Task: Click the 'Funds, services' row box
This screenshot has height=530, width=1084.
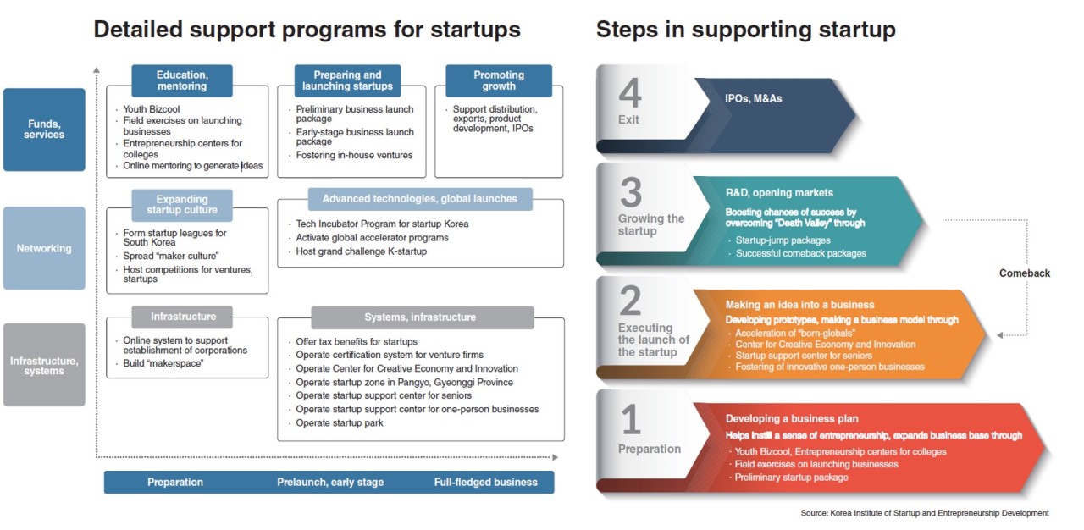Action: [44, 130]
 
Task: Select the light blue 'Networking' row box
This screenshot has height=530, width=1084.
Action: [44, 248]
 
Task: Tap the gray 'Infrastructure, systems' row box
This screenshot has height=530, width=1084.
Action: [44, 365]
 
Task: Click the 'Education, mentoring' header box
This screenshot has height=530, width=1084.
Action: [182, 80]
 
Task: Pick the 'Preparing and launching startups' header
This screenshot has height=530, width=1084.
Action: [347, 80]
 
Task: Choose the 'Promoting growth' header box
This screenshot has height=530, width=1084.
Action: [499, 80]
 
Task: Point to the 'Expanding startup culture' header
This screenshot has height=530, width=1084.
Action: [182, 205]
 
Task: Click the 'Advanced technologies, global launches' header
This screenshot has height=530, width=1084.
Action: [420, 199]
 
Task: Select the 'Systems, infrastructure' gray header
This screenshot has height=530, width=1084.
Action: [423, 317]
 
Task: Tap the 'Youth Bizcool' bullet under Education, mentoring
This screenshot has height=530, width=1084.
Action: [151, 109]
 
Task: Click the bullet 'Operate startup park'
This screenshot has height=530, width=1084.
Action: [340, 423]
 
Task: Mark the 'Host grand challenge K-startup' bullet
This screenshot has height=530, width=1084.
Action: [361, 251]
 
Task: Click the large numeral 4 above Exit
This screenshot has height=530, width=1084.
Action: [630, 92]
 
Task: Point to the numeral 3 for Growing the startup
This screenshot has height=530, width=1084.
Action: [631, 192]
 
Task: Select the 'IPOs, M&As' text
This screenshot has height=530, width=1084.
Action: [753, 99]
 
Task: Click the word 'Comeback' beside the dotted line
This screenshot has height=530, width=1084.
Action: [1025, 273]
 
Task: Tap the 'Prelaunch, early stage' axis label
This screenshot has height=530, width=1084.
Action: [330, 482]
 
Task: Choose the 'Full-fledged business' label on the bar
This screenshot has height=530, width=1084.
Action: [485, 482]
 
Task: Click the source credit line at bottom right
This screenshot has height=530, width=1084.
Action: [925, 513]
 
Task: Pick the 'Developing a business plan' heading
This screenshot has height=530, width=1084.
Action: [791, 419]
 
